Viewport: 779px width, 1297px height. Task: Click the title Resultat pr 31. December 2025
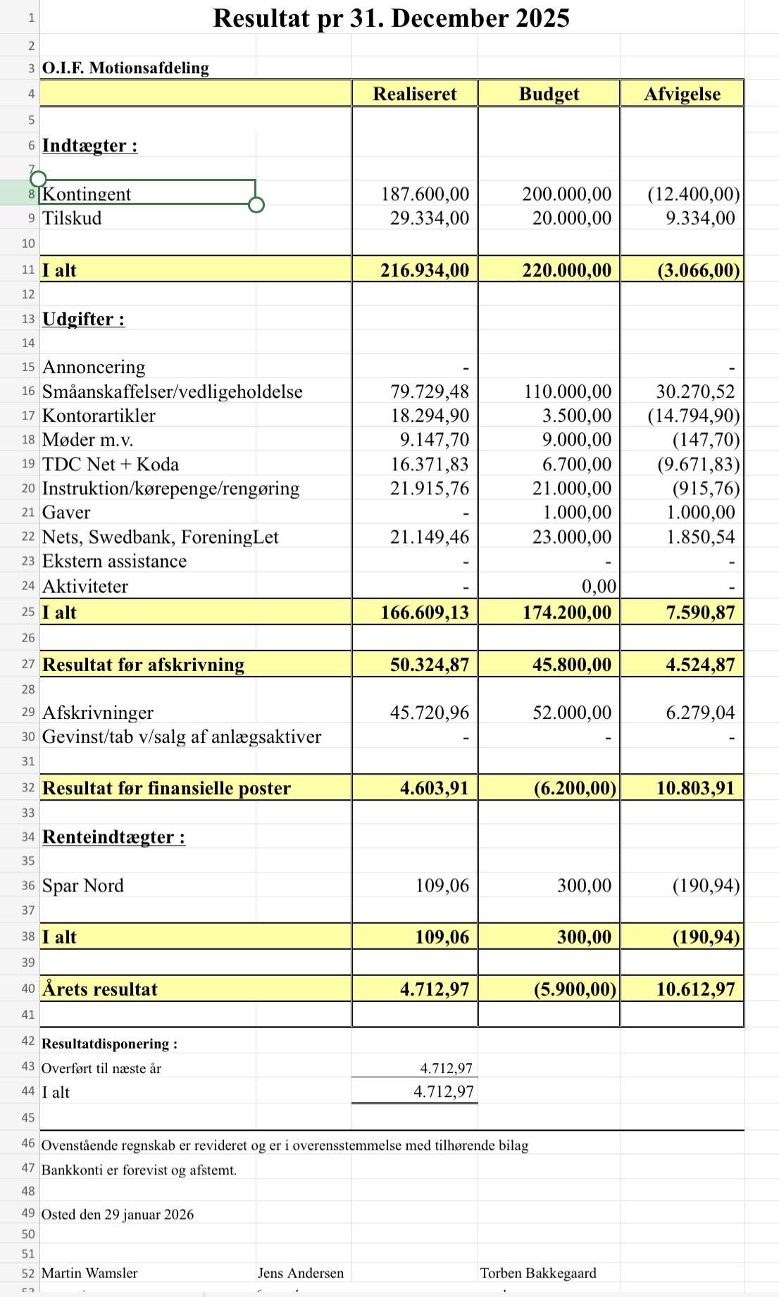(391, 18)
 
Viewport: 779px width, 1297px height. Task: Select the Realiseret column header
(415, 94)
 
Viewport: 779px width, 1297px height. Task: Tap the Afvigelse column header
(682, 94)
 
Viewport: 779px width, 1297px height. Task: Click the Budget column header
(549, 94)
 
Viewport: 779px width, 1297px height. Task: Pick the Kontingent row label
(87, 194)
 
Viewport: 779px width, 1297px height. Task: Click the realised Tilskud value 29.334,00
(430, 218)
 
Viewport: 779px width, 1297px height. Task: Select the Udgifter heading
(83, 319)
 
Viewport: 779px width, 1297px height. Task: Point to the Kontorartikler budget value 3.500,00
(576, 415)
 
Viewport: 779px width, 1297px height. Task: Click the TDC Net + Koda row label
(111, 465)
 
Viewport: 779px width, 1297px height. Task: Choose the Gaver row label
(66, 513)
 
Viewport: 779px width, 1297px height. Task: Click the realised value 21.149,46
(430, 537)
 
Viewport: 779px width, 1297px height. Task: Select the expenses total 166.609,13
(425, 613)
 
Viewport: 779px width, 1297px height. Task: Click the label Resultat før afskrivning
(143, 665)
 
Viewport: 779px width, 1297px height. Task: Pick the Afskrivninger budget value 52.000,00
(572, 713)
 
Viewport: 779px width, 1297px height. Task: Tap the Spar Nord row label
(83, 886)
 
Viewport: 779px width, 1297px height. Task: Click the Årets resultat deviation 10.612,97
(695, 989)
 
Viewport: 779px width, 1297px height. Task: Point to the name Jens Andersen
(301, 1273)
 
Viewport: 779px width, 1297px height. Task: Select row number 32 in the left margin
(28, 788)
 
